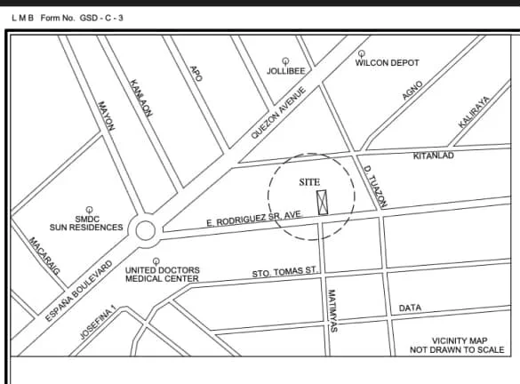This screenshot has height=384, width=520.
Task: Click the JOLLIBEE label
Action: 285,70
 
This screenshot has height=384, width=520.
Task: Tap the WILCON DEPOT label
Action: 387,63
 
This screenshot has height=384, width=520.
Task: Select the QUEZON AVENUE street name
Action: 278,113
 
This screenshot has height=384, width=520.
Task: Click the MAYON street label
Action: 106,114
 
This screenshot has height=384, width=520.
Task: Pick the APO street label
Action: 196,72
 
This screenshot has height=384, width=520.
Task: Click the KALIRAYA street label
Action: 474,113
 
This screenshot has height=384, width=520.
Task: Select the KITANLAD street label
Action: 434,156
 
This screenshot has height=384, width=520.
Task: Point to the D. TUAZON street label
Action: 375,185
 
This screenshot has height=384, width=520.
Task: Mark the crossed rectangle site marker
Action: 323,202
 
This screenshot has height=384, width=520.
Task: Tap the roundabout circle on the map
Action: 145,232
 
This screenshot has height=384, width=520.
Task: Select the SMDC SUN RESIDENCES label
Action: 86,222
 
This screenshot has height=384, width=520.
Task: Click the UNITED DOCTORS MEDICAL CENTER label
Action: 162,274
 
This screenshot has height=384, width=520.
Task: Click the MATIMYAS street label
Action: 331,311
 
